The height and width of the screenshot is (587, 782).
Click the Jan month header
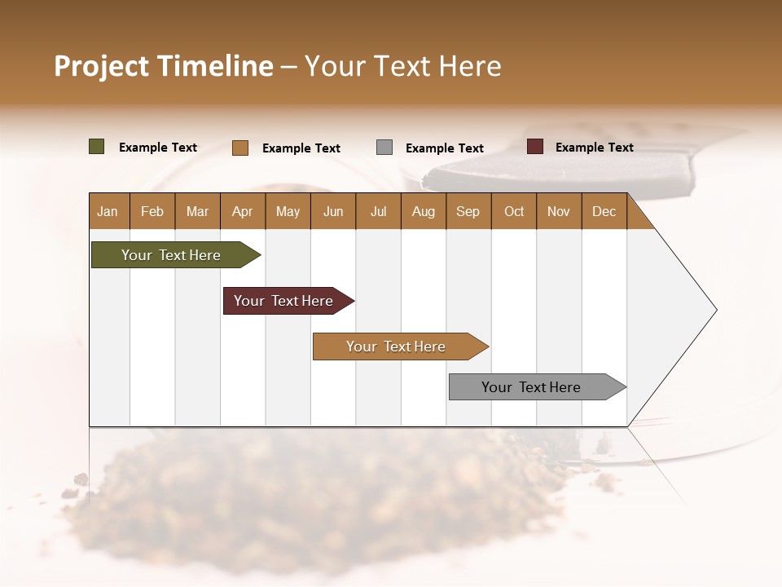108,211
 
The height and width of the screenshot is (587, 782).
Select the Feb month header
152,211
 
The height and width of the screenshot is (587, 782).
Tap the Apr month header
242,211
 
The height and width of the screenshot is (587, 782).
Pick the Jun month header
333,211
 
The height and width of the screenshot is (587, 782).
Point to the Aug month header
423,211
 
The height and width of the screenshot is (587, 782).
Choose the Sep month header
468,211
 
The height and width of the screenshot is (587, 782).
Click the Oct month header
514,211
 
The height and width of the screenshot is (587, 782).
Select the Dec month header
604,211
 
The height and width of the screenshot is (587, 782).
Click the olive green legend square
96,147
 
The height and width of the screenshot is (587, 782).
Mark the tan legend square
239,148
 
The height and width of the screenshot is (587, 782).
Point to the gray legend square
384,148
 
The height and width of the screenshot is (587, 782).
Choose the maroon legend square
534,147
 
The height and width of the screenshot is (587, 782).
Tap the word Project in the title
101,66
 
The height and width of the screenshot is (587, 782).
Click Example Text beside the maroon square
594,148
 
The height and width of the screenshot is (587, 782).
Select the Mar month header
197,211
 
